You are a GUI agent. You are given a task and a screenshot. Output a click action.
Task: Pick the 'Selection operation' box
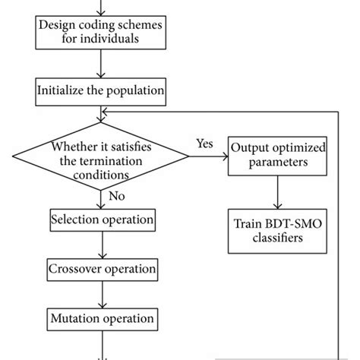(x=102, y=220)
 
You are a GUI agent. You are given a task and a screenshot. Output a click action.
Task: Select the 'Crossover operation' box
(x=102, y=269)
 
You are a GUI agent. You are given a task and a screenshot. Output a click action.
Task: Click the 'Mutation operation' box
(x=102, y=318)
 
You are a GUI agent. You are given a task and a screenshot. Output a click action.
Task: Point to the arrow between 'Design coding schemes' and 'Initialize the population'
(x=101, y=64)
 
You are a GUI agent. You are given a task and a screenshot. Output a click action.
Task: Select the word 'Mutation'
(x=76, y=318)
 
